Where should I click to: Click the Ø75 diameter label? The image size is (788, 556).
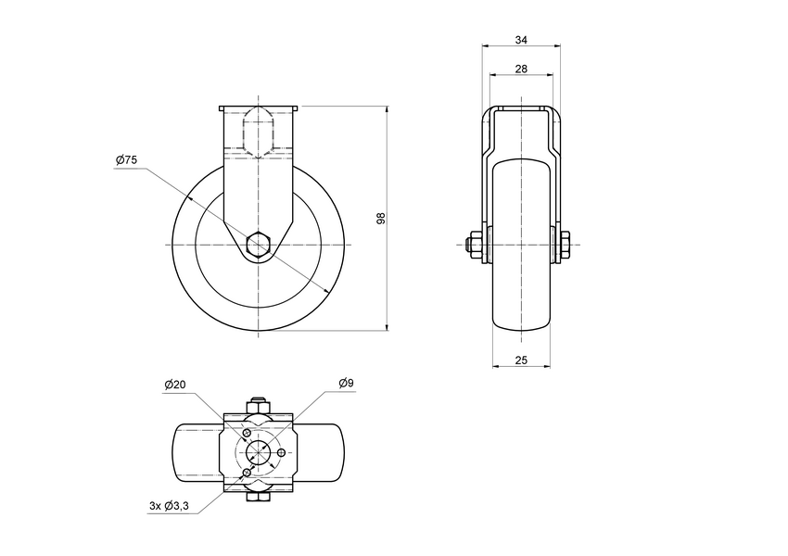point(127,160)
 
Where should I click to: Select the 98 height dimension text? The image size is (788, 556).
point(380,218)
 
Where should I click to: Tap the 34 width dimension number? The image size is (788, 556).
point(521,40)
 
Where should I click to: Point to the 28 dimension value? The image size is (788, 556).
point(521,69)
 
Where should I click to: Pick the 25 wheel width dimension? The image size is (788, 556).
point(521,360)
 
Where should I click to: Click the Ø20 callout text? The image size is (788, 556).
point(175,384)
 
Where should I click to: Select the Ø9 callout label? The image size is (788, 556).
point(347,383)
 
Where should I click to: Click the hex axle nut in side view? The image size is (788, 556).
point(259,245)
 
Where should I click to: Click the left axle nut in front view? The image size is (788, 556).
point(474,245)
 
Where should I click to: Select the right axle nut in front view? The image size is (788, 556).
point(564,245)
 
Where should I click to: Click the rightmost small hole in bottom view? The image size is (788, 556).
point(281,451)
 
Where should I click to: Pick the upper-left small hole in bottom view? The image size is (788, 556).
point(247,434)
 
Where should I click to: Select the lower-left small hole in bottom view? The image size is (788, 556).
point(247,472)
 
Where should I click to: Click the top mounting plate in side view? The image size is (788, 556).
point(259,108)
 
